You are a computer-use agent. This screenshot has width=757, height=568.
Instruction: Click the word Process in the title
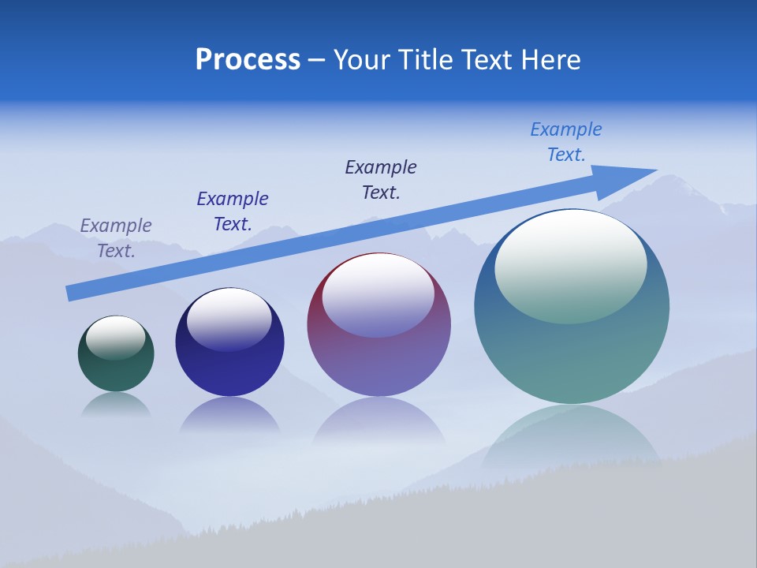pos(248,60)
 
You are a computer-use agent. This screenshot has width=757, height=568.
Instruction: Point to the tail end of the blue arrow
pos(71,293)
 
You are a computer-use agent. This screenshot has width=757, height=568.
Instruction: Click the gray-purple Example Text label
pos(116,237)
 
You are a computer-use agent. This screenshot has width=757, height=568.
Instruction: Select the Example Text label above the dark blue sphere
pos(233,211)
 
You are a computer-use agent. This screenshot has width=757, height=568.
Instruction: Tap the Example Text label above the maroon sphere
pos(381,179)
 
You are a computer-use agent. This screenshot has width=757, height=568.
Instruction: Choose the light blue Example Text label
pos(566,141)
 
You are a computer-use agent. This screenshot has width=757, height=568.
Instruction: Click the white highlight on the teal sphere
pos(570,267)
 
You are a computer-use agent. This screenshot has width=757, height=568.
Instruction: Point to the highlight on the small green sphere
pos(115,337)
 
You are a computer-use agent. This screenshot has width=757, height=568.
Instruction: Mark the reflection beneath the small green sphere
pos(116,404)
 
